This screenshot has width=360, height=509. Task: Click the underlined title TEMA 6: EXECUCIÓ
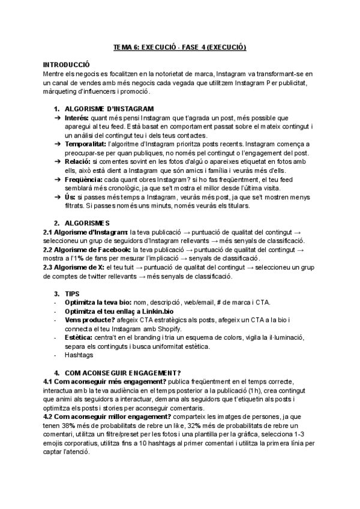[181, 47]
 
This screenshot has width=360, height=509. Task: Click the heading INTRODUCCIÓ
[66, 64]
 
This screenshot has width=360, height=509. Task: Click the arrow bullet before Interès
[58, 118]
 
